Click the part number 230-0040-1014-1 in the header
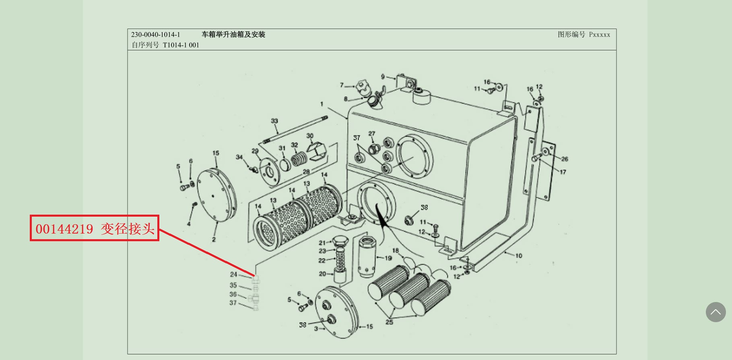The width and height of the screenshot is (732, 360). (x=155, y=35)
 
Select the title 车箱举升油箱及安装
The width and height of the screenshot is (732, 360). (x=233, y=35)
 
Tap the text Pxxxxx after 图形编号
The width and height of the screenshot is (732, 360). (x=600, y=35)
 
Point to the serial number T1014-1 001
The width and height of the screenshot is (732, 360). (x=181, y=45)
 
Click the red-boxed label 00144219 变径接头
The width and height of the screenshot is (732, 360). (x=95, y=228)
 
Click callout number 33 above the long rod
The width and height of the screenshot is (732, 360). (x=274, y=121)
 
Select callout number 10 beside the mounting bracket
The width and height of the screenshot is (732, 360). (x=519, y=256)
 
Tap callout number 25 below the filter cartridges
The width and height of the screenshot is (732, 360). (x=389, y=322)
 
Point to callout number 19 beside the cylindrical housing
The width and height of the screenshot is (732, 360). (x=388, y=258)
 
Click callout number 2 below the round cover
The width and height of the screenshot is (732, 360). (x=214, y=239)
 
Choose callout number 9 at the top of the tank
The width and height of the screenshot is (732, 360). (x=383, y=77)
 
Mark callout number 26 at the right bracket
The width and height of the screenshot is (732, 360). (x=565, y=159)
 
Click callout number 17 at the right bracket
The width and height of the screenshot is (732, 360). (x=563, y=172)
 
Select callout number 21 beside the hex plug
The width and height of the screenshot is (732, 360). (x=322, y=243)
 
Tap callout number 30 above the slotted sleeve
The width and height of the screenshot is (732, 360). (x=310, y=136)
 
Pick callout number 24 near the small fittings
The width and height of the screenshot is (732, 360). (x=233, y=274)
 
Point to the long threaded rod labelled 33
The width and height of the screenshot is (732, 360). (x=296, y=129)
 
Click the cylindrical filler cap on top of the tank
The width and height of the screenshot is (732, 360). (x=421, y=97)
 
